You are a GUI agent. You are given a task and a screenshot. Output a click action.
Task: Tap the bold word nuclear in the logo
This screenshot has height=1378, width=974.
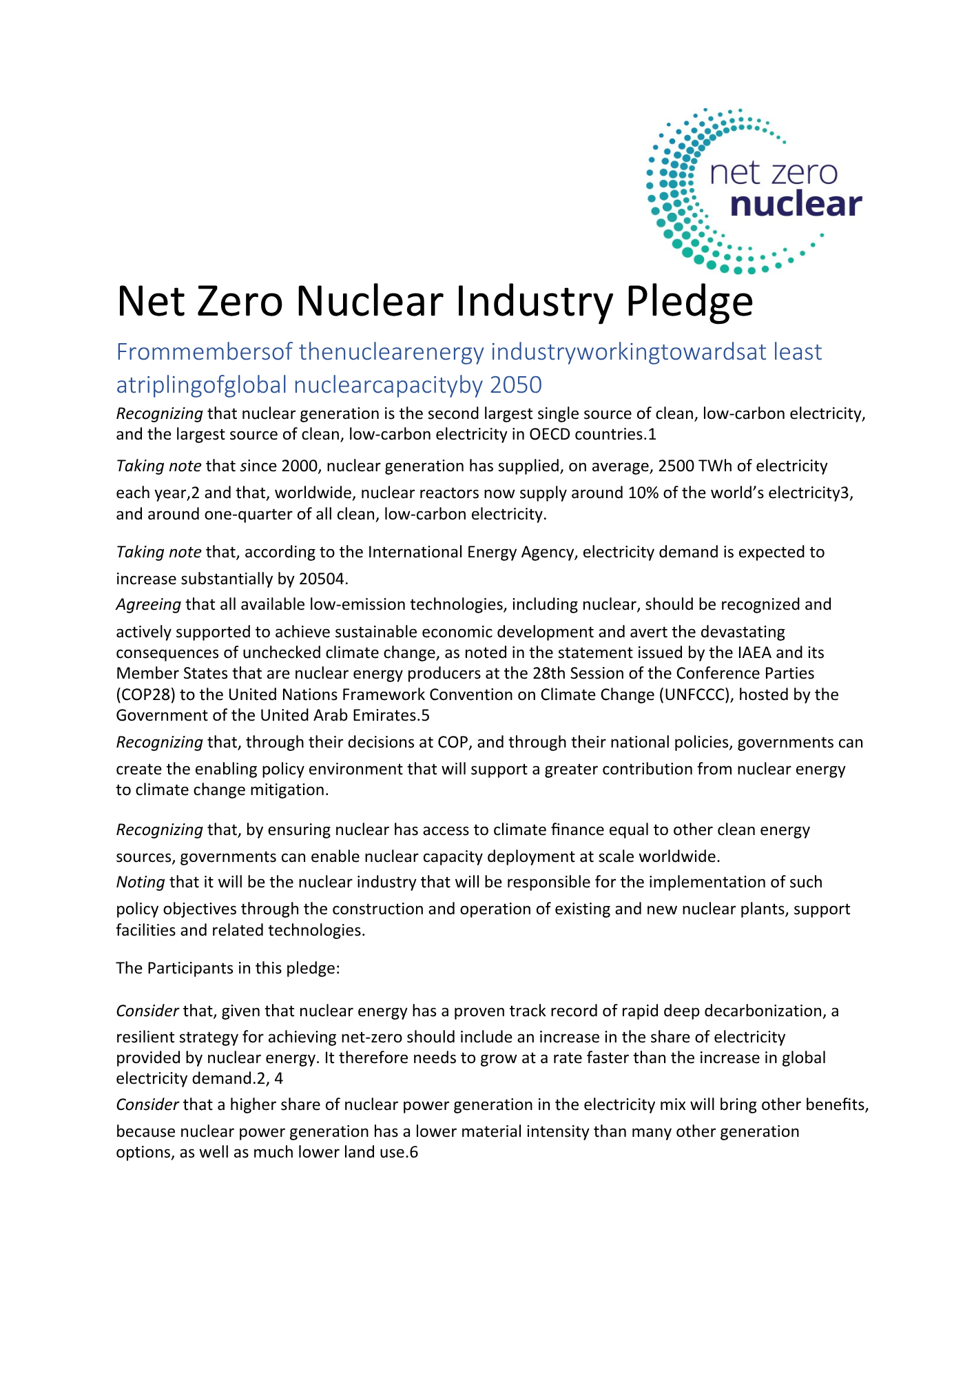[x=796, y=205]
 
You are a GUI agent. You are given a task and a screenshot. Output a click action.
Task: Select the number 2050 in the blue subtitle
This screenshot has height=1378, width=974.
[x=515, y=384]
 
